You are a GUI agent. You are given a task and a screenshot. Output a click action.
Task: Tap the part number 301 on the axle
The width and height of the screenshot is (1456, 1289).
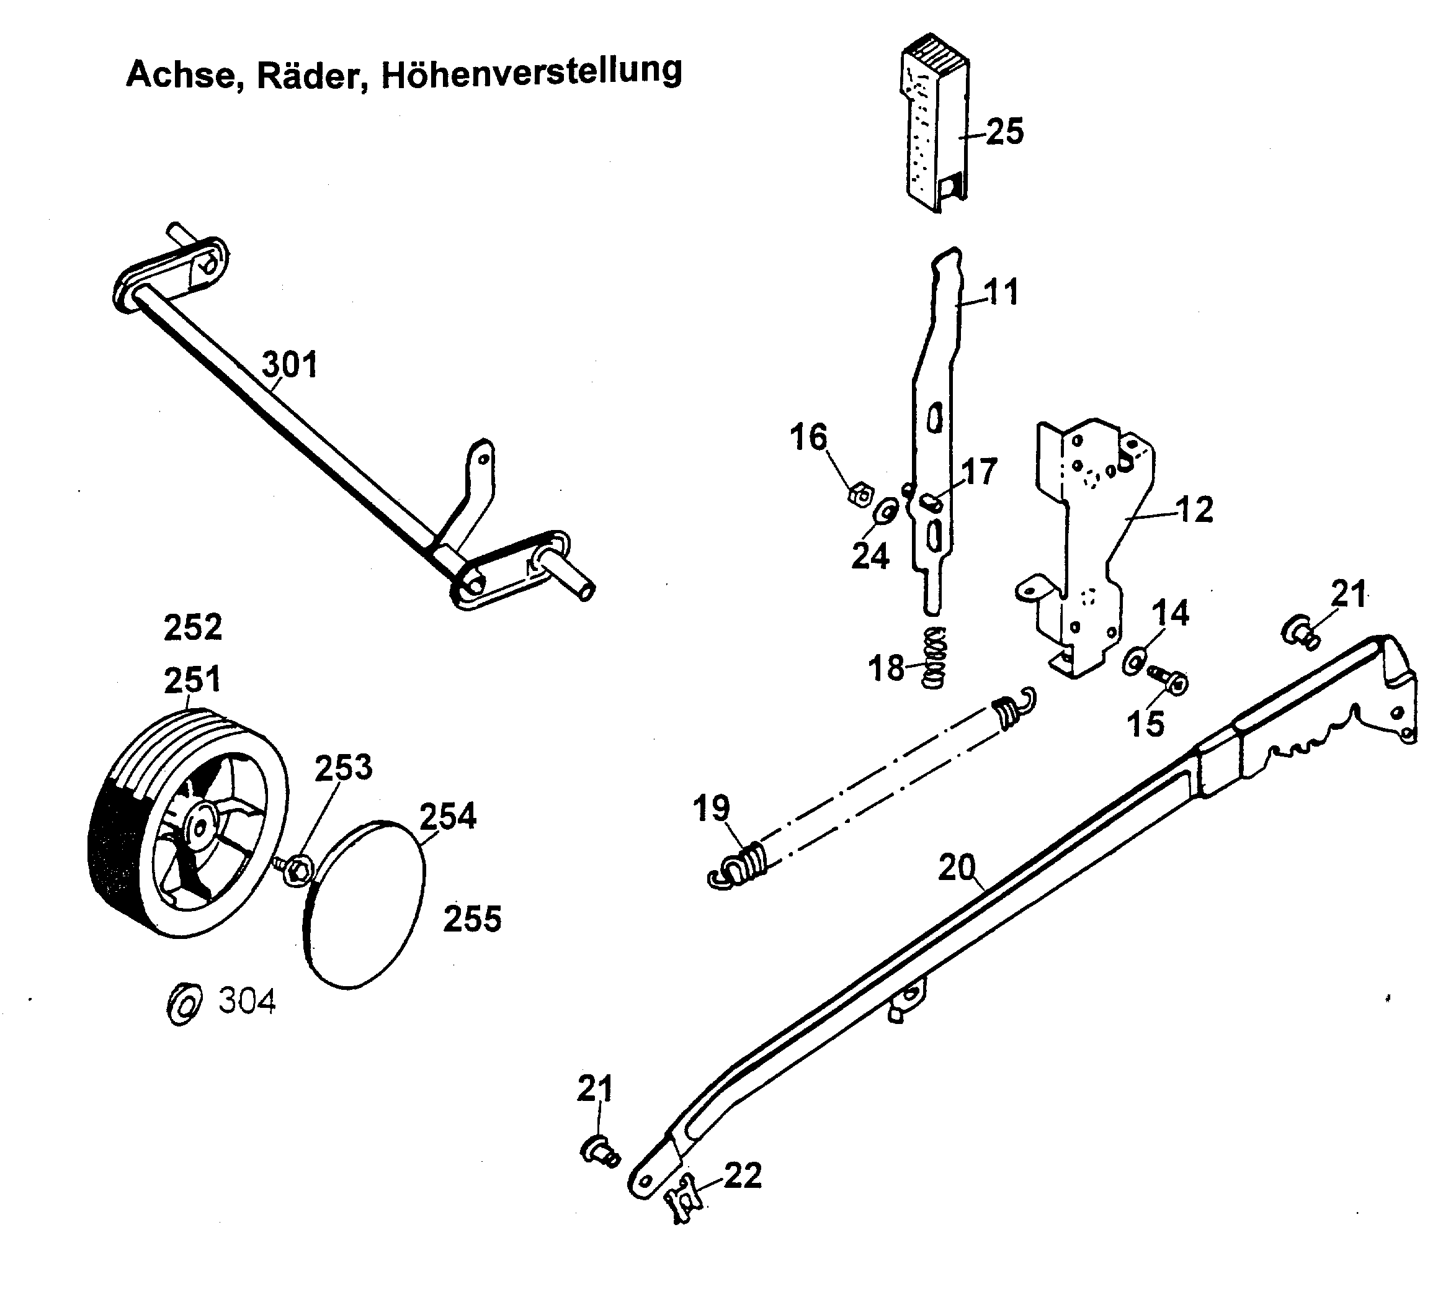288,365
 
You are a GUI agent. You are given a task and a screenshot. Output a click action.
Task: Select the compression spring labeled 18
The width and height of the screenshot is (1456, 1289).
933,658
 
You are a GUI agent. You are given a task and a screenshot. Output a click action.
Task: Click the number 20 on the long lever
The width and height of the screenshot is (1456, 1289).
957,867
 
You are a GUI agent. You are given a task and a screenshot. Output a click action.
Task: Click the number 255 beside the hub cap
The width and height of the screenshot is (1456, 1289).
472,918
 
